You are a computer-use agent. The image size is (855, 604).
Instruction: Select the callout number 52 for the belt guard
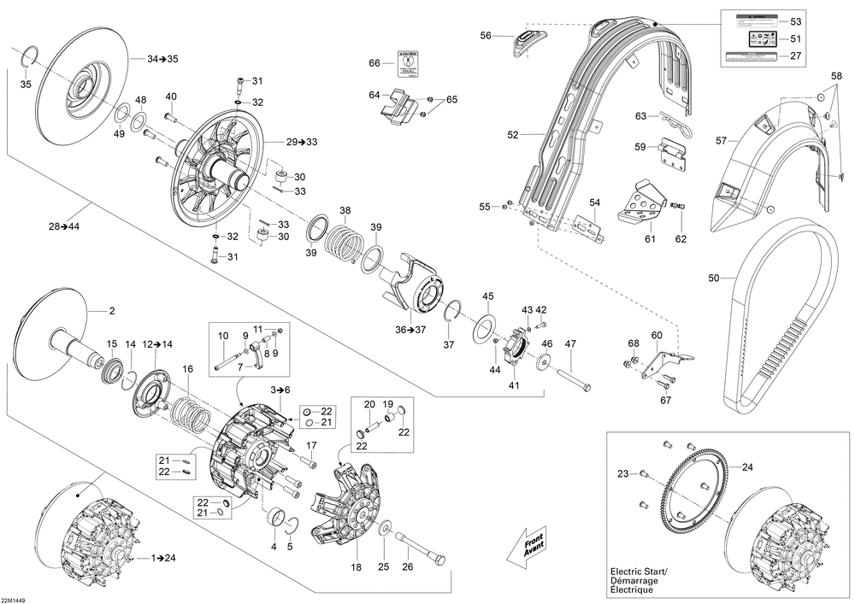point(513,134)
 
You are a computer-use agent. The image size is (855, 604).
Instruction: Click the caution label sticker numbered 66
point(408,62)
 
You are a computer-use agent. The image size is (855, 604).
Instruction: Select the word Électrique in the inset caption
point(632,590)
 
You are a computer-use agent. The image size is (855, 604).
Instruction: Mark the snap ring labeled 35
point(27,56)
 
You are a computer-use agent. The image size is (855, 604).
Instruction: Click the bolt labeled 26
point(422,547)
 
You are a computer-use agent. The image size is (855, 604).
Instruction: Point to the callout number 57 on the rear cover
point(721,141)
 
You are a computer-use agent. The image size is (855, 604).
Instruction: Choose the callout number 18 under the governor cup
point(356,567)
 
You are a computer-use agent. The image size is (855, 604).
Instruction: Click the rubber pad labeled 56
point(525,40)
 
